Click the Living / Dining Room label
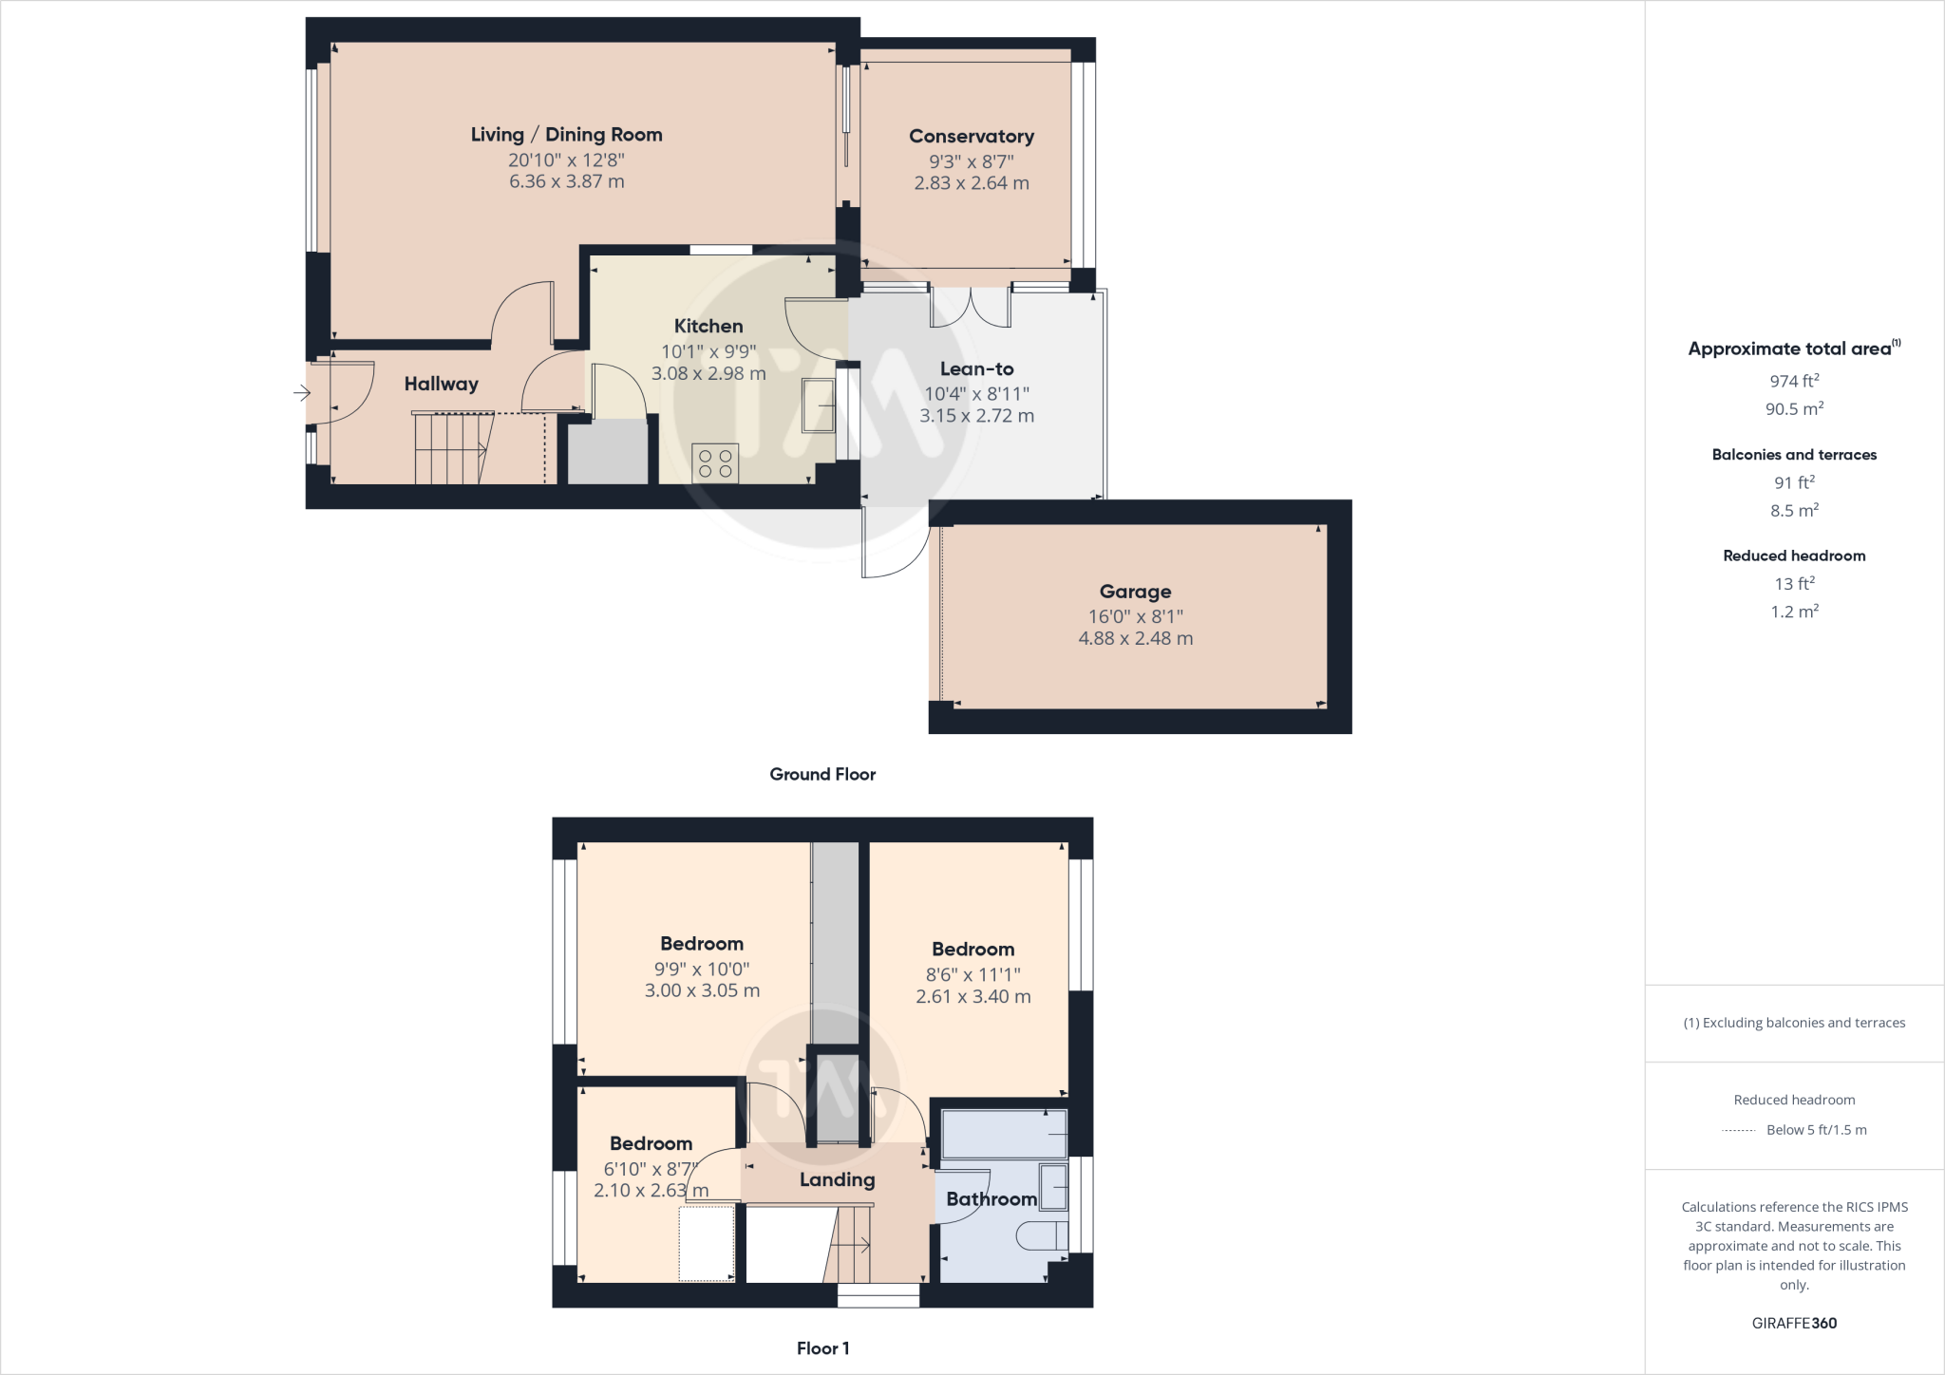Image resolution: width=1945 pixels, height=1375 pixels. (x=566, y=135)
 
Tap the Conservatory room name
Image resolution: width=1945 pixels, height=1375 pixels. (x=971, y=137)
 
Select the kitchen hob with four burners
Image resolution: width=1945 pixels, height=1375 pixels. (x=715, y=462)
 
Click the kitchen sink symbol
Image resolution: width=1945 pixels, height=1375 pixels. (x=818, y=405)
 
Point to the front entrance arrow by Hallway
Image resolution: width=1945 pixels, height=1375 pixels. (x=301, y=392)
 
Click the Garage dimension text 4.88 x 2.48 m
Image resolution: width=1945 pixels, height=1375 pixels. (x=1135, y=638)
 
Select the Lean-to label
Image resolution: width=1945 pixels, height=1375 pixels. (x=976, y=369)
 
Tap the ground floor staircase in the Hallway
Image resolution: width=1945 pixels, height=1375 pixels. (x=453, y=448)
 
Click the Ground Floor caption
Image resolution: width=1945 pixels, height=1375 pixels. (x=821, y=774)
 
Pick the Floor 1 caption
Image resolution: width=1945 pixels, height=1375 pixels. (x=822, y=1347)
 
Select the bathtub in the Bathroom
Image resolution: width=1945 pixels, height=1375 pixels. (x=1004, y=1133)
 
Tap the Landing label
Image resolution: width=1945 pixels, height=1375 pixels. (x=836, y=1179)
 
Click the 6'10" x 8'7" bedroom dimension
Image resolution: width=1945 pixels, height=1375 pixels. (x=651, y=1168)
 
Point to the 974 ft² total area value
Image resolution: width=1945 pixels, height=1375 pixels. (x=1793, y=381)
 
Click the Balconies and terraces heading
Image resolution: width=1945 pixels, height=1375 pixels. (x=1793, y=455)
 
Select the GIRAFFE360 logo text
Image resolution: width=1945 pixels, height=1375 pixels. (x=1793, y=1323)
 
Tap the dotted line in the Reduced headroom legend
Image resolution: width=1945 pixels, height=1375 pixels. (x=1739, y=1130)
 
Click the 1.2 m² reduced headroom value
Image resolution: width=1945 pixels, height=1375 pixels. (x=1793, y=612)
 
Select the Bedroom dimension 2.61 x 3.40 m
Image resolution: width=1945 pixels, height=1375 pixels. (x=972, y=996)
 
